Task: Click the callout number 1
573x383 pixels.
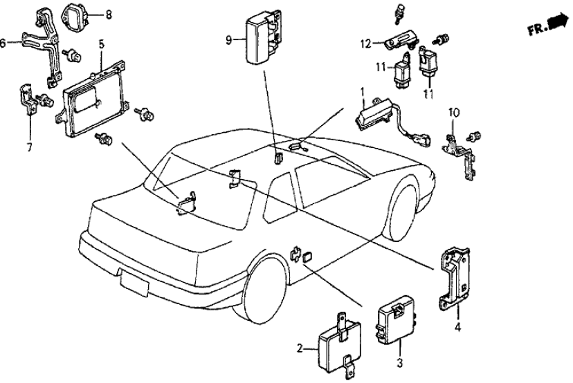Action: tap(361, 91)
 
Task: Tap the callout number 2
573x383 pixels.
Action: tap(300, 349)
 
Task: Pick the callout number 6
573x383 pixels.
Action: tap(3, 43)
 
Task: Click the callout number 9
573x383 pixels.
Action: tap(229, 40)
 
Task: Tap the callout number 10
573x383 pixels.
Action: tap(453, 111)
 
